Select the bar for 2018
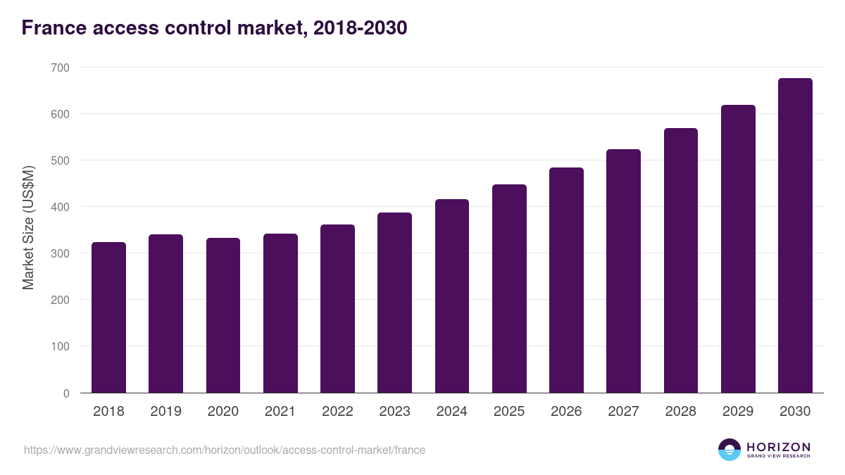tap(108, 317)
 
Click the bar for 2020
tap(223, 315)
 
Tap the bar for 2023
tap(394, 303)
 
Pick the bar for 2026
tap(566, 280)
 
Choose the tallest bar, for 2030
tap(795, 236)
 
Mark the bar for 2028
tap(680, 260)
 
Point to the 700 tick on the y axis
tap(61, 68)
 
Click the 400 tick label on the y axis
tap(61, 207)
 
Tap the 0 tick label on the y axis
tap(66, 393)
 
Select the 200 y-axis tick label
tap(61, 300)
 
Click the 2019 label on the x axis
tap(165, 412)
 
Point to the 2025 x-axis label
tap(509, 412)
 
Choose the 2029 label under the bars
tap(738, 412)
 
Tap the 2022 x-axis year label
tap(337, 412)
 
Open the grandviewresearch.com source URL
tap(225, 450)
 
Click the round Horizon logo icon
tap(730, 450)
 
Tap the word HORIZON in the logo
tap(778, 447)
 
